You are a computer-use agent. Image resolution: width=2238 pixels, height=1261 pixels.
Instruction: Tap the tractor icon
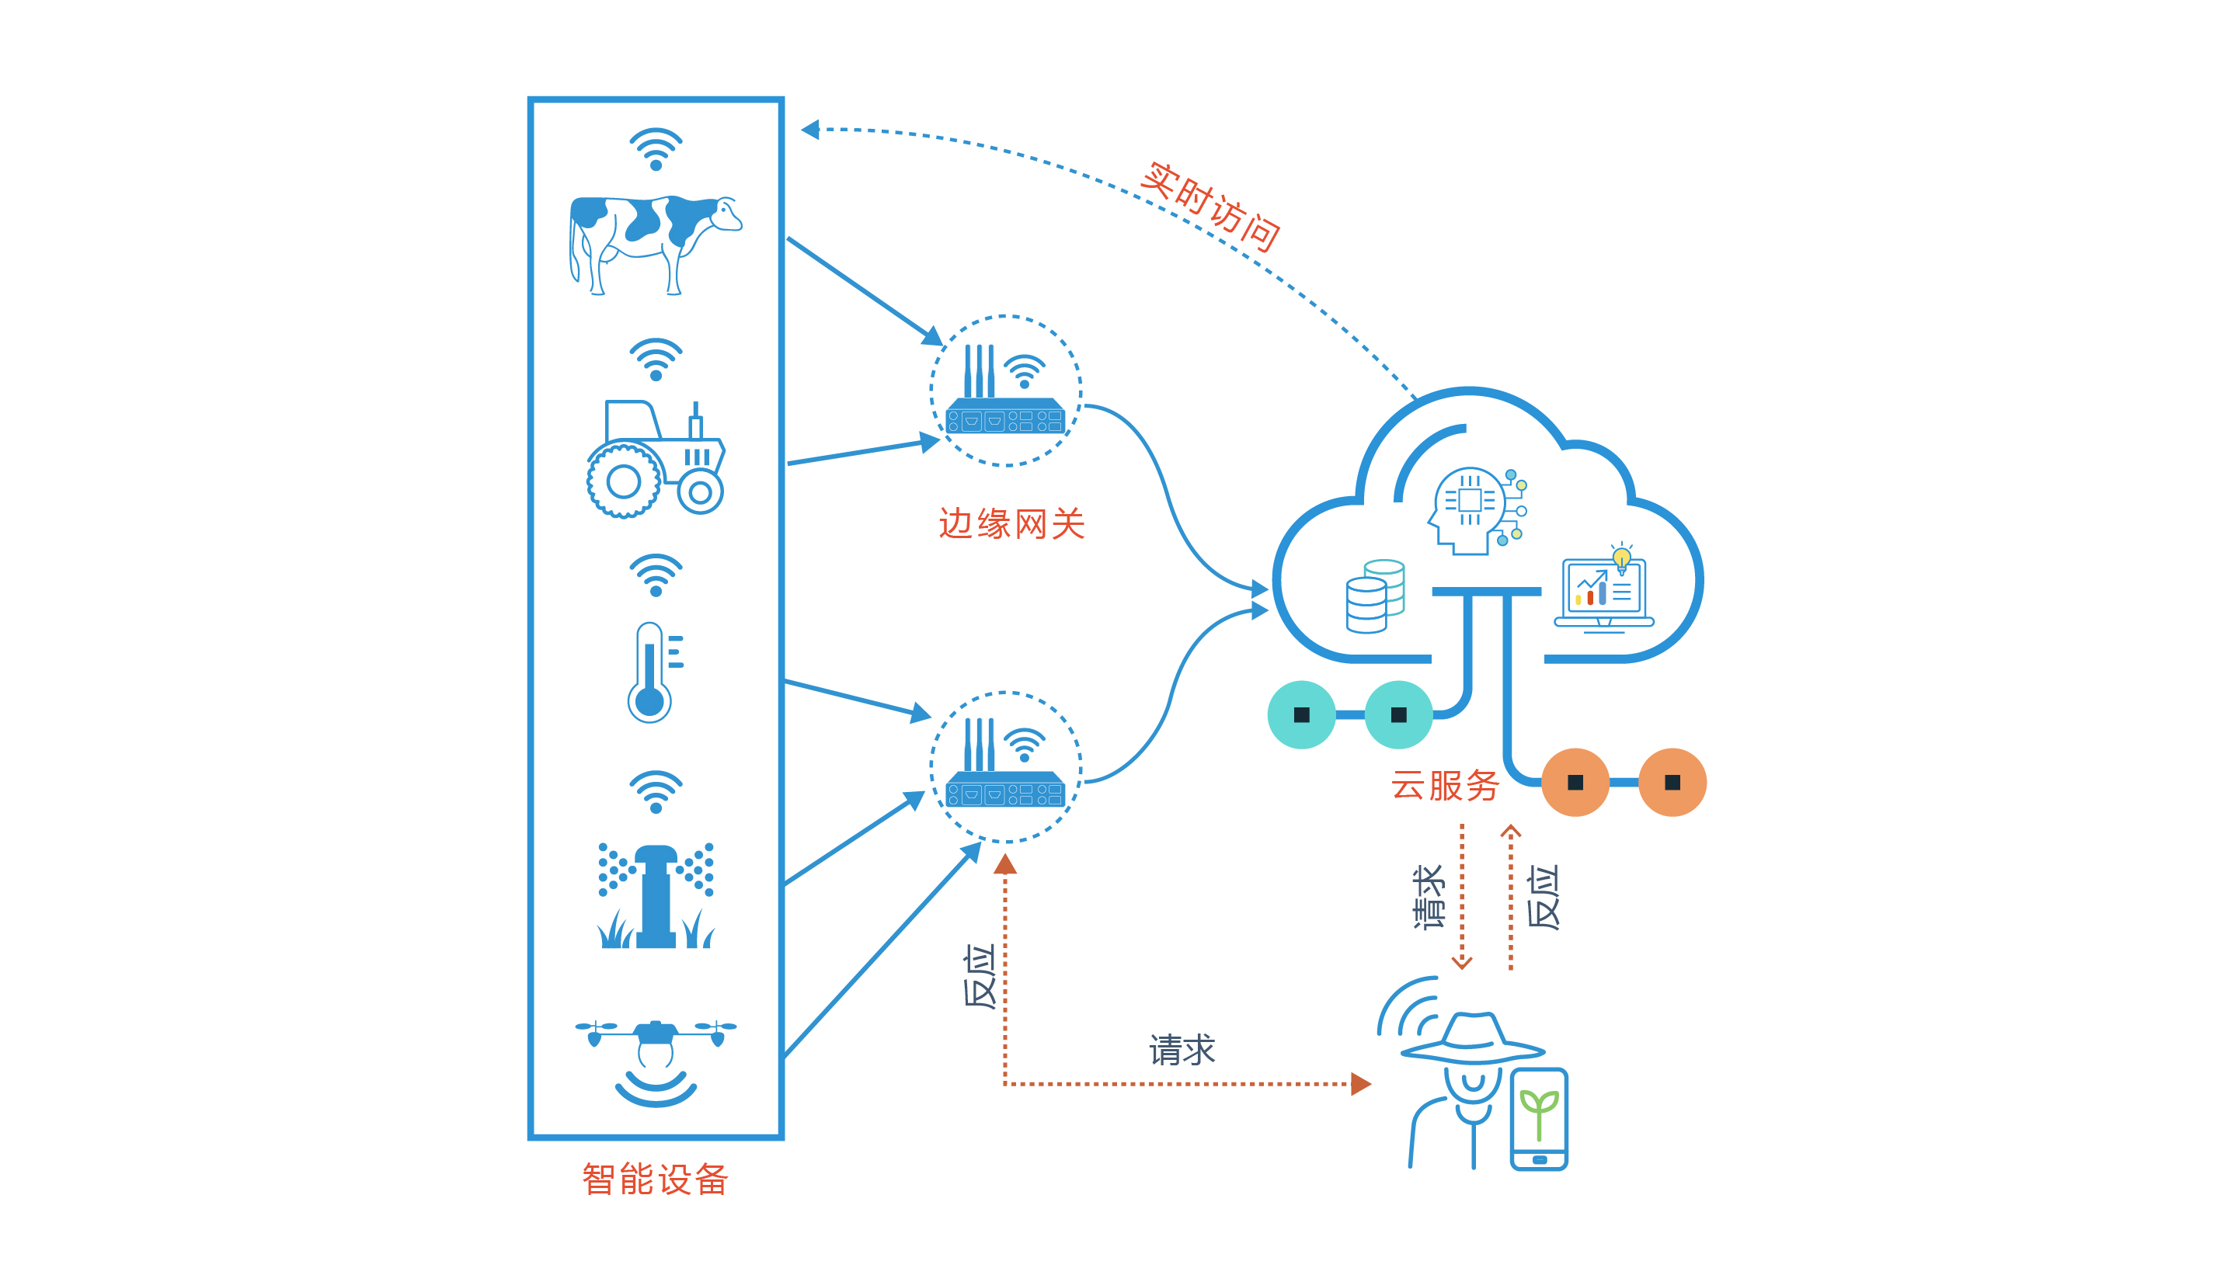(656, 460)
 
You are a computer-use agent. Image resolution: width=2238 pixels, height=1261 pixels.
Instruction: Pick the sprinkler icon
(656, 895)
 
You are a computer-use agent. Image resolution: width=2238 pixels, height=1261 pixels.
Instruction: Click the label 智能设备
(655, 1179)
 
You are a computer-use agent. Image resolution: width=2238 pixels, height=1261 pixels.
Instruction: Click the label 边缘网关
(1011, 523)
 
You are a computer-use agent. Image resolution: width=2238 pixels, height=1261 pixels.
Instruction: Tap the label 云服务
(1444, 785)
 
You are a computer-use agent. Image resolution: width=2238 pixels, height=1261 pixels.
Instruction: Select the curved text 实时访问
(1209, 206)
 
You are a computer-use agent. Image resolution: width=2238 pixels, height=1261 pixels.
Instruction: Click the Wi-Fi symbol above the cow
(656, 148)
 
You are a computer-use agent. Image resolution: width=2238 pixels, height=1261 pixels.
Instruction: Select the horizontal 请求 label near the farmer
(1182, 1050)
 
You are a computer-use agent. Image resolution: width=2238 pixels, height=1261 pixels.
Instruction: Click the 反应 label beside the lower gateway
(979, 977)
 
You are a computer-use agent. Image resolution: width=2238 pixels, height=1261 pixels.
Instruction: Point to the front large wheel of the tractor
(623, 481)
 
